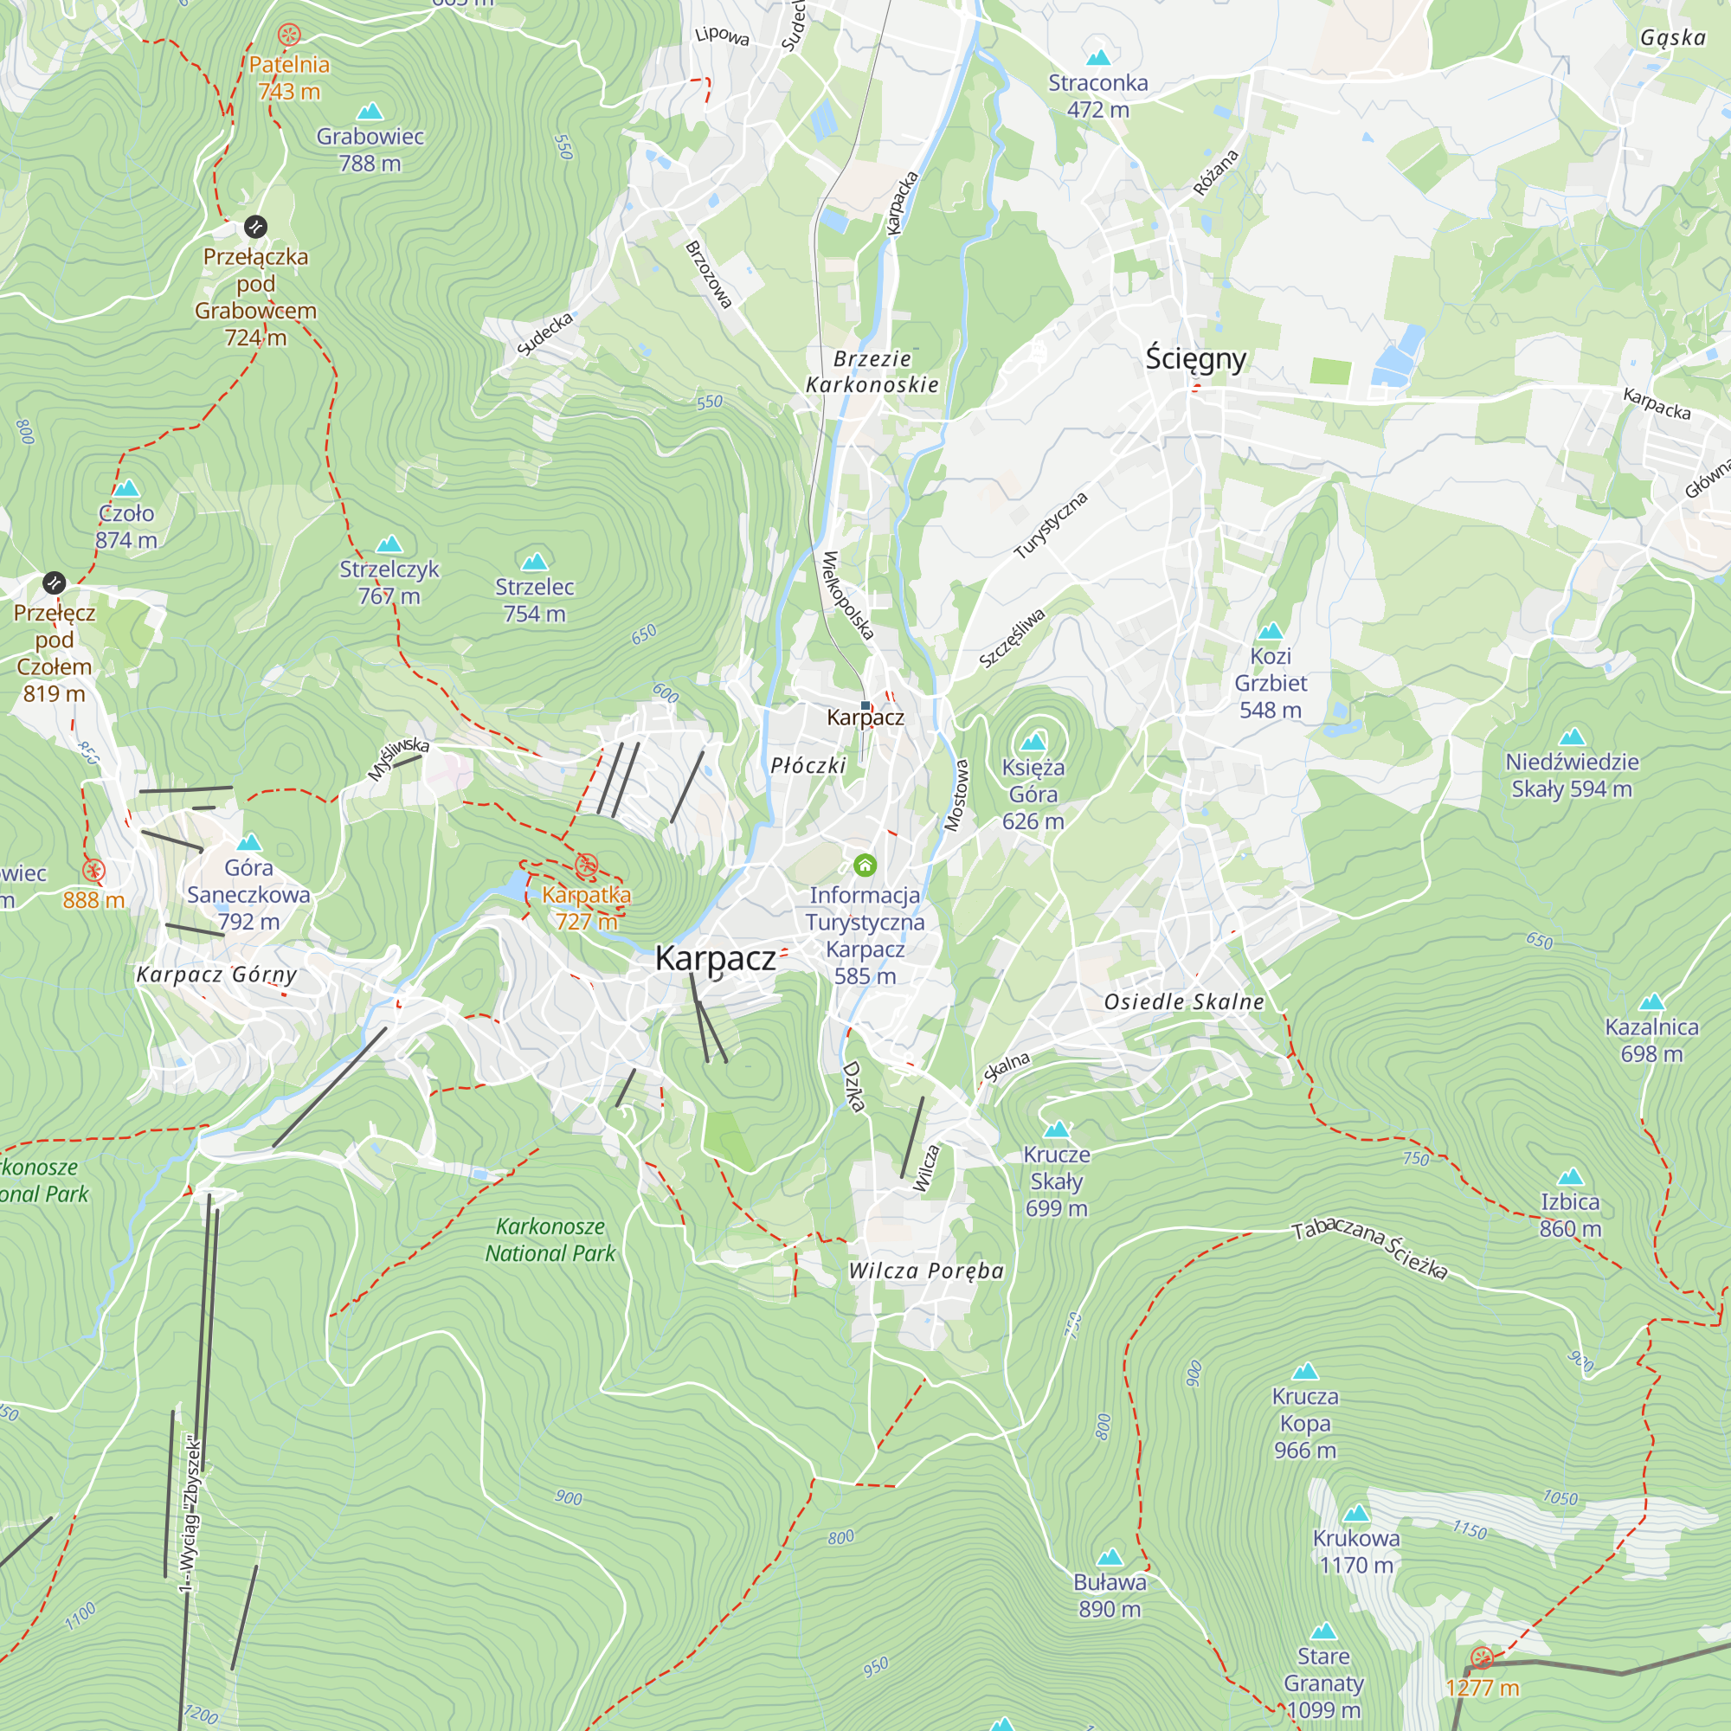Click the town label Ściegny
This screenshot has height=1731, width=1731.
coord(1195,358)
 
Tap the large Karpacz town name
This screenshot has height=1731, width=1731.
coord(715,959)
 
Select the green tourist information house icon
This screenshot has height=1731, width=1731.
coord(865,865)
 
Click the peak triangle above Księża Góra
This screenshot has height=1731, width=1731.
coord(1033,741)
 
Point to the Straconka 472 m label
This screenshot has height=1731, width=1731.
coord(1097,96)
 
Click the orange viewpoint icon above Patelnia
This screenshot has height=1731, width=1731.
coord(288,35)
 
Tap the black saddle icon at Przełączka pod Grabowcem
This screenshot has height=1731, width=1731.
coord(255,227)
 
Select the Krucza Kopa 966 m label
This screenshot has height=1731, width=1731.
coord(1304,1423)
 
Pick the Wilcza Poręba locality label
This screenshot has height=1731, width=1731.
coord(925,1271)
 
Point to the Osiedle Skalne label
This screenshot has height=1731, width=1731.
coord(1183,1001)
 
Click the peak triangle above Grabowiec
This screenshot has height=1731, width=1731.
coord(370,111)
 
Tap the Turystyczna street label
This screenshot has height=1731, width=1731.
coord(1050,525)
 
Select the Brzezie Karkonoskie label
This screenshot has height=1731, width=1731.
coord(872,371)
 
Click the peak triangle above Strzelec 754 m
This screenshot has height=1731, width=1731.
coord(534,561)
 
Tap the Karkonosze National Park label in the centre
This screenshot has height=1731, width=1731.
coord(550,1239)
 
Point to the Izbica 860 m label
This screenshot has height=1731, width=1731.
coord(1570,1215)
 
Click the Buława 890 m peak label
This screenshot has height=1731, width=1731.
coord(1110,1595)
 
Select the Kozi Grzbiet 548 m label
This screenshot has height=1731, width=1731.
coord(1271,683)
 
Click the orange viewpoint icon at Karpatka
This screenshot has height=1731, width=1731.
coord(586,865)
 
